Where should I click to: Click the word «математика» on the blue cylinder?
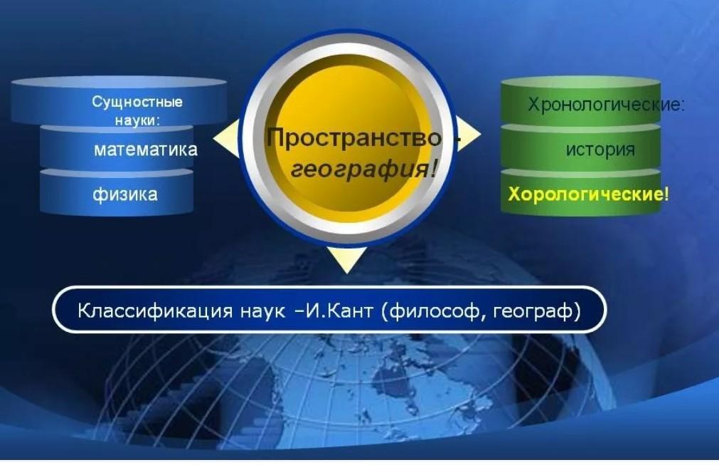coord(145,150)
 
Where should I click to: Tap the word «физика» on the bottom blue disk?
coord(125,194)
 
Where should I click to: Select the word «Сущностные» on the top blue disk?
coord(137,101)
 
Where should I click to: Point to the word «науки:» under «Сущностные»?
coord(137,120)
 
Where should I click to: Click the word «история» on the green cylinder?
coord(600,150)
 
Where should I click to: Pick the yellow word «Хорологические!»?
coord(588,194)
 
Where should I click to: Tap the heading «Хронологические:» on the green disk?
coord(606,105)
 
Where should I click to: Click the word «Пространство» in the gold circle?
coord(354,137)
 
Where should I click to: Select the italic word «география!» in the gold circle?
coord(363,169)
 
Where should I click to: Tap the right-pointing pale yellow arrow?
coord(468,134)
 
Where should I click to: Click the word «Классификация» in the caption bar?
coord(155,310)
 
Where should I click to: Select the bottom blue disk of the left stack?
coord(117,192)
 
